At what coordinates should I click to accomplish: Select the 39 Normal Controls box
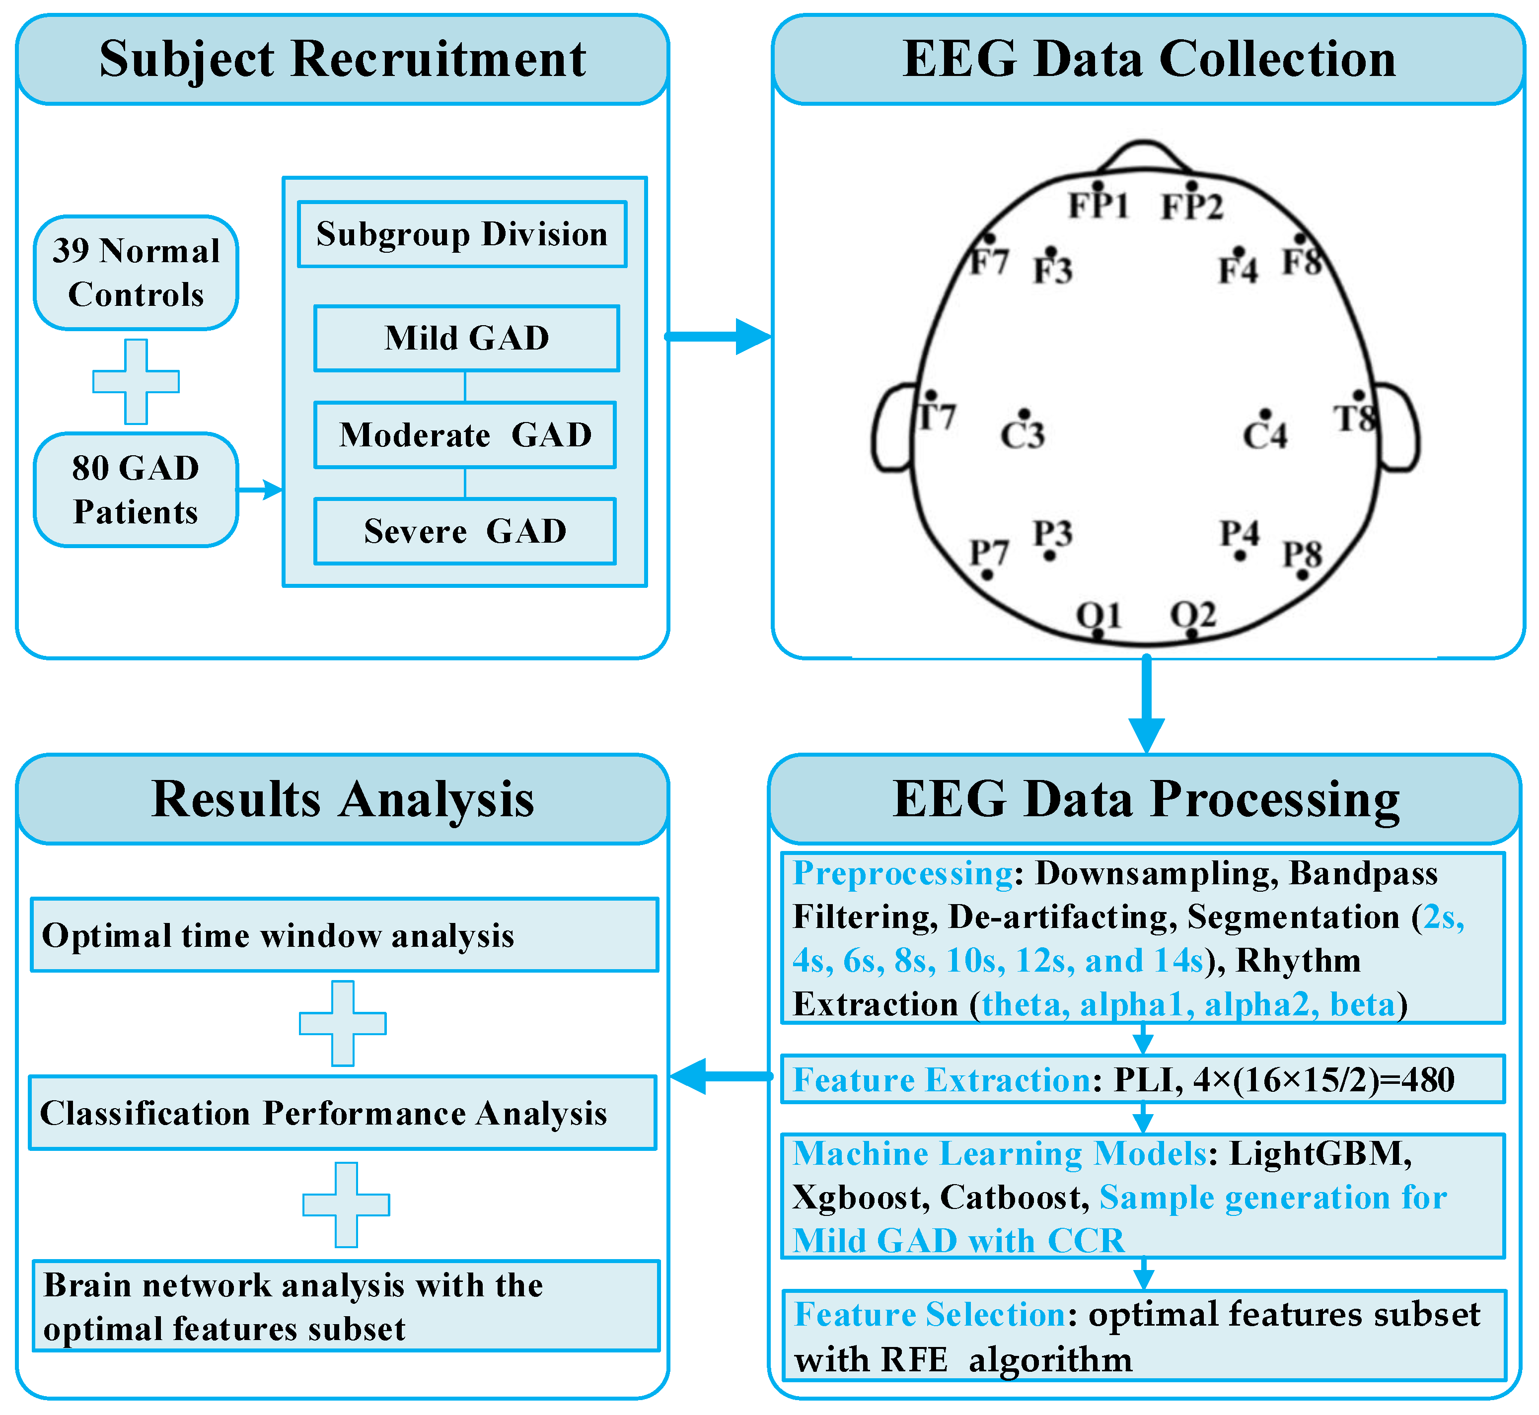[136, 273]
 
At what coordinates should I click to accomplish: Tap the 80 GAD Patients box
[136, 490]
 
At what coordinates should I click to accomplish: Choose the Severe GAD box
[465, 531]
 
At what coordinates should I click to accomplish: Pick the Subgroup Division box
[462, 234]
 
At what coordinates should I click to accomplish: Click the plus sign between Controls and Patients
[136, 381]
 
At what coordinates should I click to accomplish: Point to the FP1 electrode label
[1098, 205]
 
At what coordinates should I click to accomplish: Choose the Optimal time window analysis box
[345, 935]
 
